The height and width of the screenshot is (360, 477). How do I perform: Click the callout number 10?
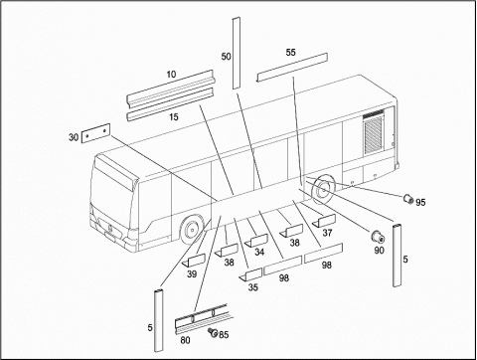(171, 75)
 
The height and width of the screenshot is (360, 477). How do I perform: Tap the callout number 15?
(174, 117)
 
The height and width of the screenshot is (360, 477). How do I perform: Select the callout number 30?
(74, 137)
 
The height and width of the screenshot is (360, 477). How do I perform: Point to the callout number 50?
(226, 57)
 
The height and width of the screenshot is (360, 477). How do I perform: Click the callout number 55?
(290, 53)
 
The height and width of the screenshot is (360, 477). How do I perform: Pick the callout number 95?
(420, 202)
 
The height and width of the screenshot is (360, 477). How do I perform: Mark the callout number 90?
(379, 251)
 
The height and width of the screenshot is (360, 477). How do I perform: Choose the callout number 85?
(224, 335)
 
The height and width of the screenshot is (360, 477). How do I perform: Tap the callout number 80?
(185, 340)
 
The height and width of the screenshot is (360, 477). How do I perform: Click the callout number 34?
(259, 253)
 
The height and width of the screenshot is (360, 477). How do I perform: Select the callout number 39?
(192, 274)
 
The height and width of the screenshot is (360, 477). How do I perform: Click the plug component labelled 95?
(408, 199)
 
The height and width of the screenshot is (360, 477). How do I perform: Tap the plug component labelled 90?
(378, 237)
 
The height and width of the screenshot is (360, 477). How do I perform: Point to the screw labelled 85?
(213, 332)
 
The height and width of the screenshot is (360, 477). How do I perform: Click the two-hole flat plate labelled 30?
(95, 133)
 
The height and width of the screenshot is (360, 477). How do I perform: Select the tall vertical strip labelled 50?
(237, 54)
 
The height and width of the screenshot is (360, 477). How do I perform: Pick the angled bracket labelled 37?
(324, 221)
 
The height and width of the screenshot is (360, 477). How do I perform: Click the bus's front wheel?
(191, 230)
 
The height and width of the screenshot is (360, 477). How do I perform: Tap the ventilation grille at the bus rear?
(374, 132)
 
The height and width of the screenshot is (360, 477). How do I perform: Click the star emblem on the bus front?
(108, 227)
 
